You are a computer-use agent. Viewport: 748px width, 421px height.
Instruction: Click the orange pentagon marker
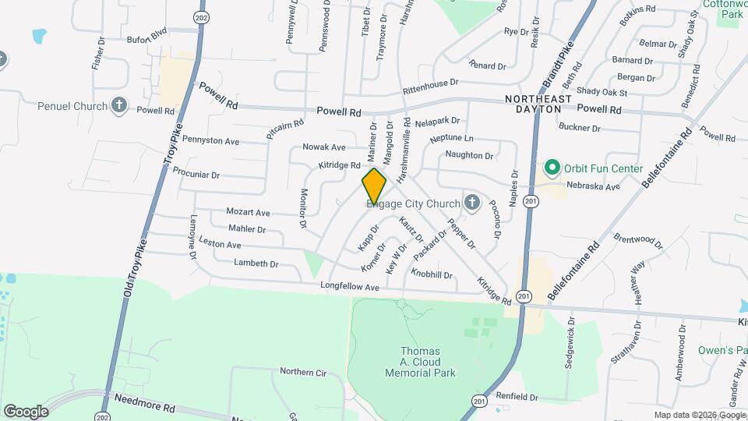pos(374,186)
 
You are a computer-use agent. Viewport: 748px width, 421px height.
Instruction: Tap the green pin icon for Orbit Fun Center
pos(552,168)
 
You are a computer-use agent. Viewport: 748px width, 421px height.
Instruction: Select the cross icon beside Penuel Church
pos(119,104)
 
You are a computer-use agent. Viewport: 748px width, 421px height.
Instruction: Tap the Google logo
pos(26,411)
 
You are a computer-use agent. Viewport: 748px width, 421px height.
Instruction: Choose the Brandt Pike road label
pos(558,66)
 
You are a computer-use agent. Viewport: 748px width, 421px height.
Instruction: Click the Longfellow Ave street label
pos(349,288)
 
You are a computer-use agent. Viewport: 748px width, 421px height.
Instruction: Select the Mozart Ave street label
pos(248,212)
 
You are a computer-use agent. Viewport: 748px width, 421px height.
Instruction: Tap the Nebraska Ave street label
pos(593,187)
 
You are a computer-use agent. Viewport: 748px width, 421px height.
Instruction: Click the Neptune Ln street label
pos(452,137)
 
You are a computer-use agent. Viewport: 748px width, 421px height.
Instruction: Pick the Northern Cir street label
pos(303,372)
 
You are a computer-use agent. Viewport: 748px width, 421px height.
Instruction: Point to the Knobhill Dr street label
pos(432,274)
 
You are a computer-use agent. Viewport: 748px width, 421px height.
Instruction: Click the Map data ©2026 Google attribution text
pos(699,415)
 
